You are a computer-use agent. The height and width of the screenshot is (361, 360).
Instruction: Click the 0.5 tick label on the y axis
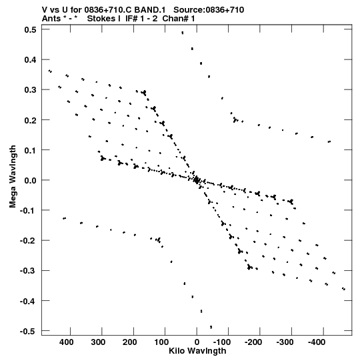[30, 29]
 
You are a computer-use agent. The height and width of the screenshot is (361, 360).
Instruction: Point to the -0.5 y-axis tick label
[28, 331]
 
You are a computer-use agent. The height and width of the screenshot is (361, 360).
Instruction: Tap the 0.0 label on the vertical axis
[30, 180]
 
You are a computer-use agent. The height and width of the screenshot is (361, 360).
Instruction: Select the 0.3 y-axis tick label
[30, 90]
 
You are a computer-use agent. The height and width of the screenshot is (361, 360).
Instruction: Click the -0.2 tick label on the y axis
[28, 241]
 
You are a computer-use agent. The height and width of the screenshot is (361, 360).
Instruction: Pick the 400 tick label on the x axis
[67, 342]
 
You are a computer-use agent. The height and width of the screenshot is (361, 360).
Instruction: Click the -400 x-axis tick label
[317, 342]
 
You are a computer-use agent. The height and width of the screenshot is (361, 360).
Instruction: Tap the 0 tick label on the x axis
[197, 342]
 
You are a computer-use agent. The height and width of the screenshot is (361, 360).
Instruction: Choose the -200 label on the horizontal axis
[253, 342]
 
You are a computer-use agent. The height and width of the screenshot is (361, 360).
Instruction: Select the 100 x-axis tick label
[161, 342]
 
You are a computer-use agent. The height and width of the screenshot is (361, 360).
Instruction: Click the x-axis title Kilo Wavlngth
[197, 351]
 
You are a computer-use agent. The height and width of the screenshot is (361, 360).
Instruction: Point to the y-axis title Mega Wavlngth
[13, 177]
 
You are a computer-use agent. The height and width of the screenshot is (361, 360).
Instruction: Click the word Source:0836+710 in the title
[209, 10]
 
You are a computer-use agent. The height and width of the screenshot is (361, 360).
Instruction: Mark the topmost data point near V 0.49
[183, 33]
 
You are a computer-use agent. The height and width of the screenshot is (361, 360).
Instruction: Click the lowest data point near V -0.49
[211, 327]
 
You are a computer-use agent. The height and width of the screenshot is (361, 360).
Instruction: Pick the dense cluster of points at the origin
[196, 180]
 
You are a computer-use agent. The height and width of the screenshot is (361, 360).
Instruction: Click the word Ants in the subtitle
[50, 19]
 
